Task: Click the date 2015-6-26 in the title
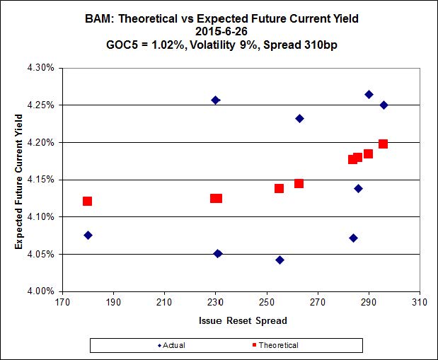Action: pyautogui.click(x=219, y=32)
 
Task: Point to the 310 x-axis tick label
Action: pyautogui.click(x=420, y=303)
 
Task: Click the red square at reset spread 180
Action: pyautogui.click(x=87, y=202)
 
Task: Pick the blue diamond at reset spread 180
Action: pyautogui.click(x=88, y=235)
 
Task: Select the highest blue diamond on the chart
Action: pyautogui.click(x=369, y=94)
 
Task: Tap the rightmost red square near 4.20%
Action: pyautogui.click(x=383, y=144)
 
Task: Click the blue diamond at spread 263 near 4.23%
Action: pyautogui.click(x=299, y=118)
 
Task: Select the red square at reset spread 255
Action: pyautogui.click(x=279, y=188)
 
